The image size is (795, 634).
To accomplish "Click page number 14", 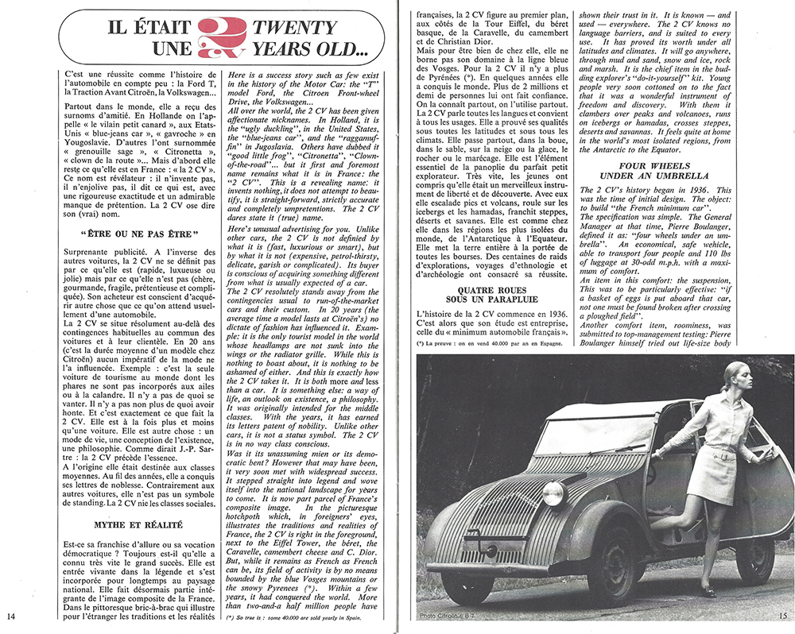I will coord(10,616).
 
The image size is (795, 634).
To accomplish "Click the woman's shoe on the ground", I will coord(707,591).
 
